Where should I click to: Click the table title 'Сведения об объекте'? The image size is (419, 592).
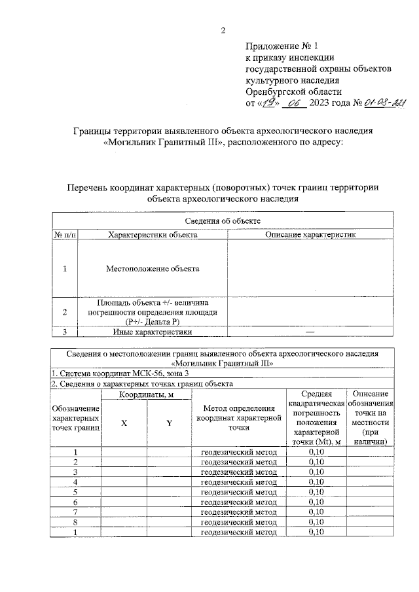pos(223,222)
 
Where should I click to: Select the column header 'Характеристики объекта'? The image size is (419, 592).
pos(152,234)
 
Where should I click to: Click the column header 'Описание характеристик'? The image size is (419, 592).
pos(310,234)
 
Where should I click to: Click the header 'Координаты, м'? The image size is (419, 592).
pos(146,394)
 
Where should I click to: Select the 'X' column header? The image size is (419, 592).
pos(123,423)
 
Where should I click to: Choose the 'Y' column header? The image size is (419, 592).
pos(169,423)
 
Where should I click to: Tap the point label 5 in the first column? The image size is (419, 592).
pos(76,491)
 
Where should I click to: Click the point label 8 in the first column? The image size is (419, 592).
pos(76,521)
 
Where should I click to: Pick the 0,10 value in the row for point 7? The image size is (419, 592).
pos(316,512)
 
